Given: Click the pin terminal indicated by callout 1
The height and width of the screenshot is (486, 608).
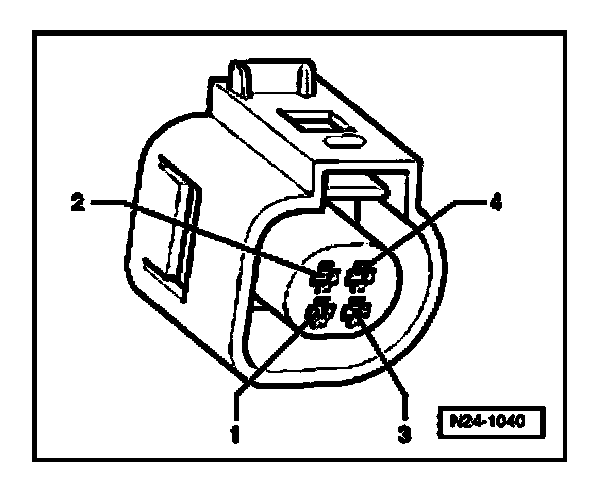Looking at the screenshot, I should [320, 317].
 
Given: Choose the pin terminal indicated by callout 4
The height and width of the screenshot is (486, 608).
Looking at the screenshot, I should [362, 271].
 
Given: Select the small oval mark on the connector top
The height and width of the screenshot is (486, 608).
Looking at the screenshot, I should [344, 143].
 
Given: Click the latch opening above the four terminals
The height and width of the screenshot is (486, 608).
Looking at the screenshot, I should [358, 184].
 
